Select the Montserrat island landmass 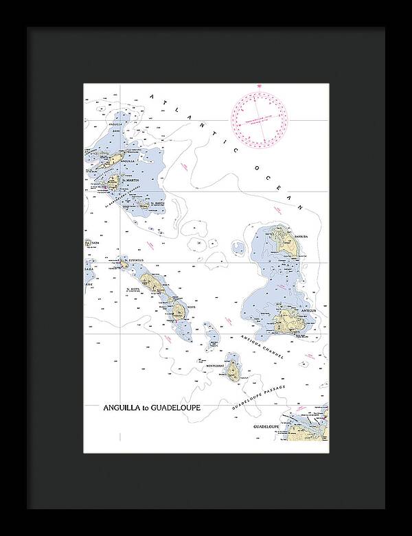pyautogui.click(x=234, y=371)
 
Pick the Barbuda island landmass pyautogui.click(x=281, y=240)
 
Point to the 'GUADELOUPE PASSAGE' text pyautogui.click(x=257, y=396)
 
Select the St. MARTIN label pyautogui.click(x=130, y=180)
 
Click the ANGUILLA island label pyautogui.click(x=128, y=162)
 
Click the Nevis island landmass pyautogui.click(x=179, y=312)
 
